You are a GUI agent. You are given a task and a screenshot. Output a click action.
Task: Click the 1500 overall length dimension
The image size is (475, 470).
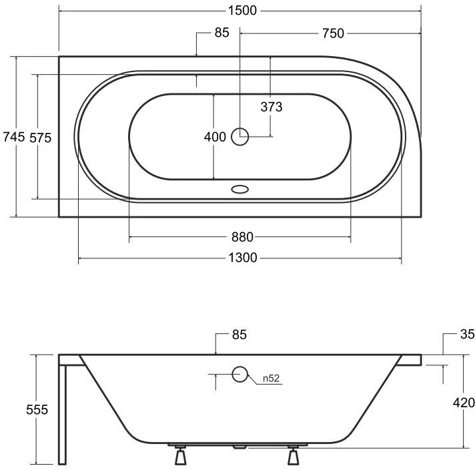(x=242, y=11)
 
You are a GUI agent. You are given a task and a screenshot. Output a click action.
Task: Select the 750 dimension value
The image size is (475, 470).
(x=333, y=33)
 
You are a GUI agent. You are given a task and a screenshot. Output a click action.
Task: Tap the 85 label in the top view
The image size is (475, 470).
(x=221, y=33)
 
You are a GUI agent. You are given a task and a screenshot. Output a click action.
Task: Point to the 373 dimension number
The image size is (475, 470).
(x=272, y=107)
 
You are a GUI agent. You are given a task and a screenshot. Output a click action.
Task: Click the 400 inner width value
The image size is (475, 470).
(x=215, y=137)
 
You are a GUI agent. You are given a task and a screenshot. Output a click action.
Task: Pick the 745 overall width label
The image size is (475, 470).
(x=13, y=137)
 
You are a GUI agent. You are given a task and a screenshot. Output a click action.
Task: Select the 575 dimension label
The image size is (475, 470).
(x=40, y=138)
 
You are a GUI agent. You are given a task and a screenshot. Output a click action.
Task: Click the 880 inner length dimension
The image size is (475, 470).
(x=242, y=237)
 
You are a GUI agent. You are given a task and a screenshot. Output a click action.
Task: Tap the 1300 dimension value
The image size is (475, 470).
(x=242, y=258)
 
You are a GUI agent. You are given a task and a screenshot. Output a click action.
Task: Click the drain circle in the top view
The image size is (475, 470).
(x=240, y=136)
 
